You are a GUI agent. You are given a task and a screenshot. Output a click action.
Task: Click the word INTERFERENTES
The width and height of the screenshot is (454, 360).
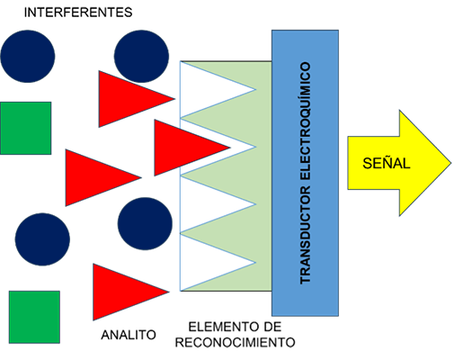tap(78, 13)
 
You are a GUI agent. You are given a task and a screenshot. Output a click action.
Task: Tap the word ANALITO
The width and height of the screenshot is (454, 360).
tap(129, 335)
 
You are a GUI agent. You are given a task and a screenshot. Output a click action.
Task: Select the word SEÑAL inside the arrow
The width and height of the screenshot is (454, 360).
tap(387, 163)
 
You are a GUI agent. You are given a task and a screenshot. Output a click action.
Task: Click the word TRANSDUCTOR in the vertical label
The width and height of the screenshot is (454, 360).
tap(306, 235)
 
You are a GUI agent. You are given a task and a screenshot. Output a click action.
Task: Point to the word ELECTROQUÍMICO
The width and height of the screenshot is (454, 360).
tap(306, 121)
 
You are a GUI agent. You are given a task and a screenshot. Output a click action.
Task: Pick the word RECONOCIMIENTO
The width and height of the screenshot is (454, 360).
tap(236, 342)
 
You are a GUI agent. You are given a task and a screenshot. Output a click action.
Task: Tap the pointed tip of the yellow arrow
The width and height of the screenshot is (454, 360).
tap(451, 163)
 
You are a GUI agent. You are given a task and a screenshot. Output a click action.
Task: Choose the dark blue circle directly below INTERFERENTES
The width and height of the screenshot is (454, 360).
tap(28, 56)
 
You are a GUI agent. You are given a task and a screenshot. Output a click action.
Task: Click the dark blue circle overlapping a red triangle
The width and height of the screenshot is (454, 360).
tap(141, 56)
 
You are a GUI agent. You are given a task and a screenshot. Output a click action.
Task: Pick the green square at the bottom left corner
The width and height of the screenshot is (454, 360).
tap(34, 317)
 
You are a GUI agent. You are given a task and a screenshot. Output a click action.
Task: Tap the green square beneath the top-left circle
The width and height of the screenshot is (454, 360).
tap(26, 129)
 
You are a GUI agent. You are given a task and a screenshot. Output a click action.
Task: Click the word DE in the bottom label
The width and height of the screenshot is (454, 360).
tap(272, 327)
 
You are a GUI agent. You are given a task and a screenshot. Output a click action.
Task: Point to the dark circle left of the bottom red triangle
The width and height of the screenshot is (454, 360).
tap(42, 239)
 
